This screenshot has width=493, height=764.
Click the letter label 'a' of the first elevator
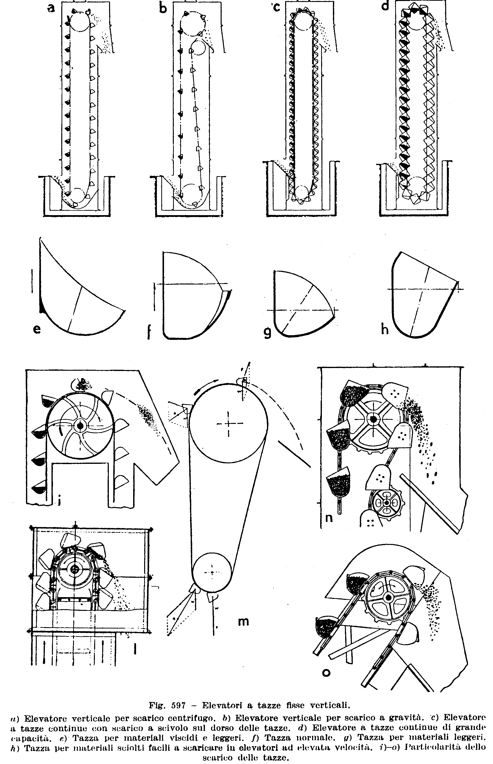[x=51, y=8]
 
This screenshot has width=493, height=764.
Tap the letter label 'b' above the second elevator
[x=163, y=8]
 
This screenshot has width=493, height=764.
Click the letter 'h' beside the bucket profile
[x=384, y=329]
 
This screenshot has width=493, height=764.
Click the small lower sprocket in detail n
[x=387, y=503]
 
